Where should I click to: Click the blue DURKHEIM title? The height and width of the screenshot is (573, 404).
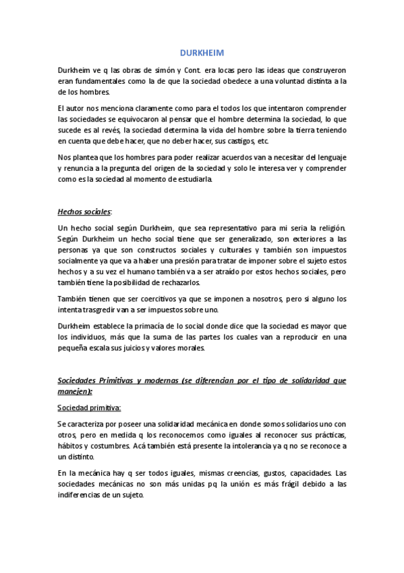(x=201, y=53)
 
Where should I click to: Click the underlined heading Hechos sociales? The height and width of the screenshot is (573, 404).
(x=85, y=211)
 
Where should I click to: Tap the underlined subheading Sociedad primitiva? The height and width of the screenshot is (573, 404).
(x=89, y=407)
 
